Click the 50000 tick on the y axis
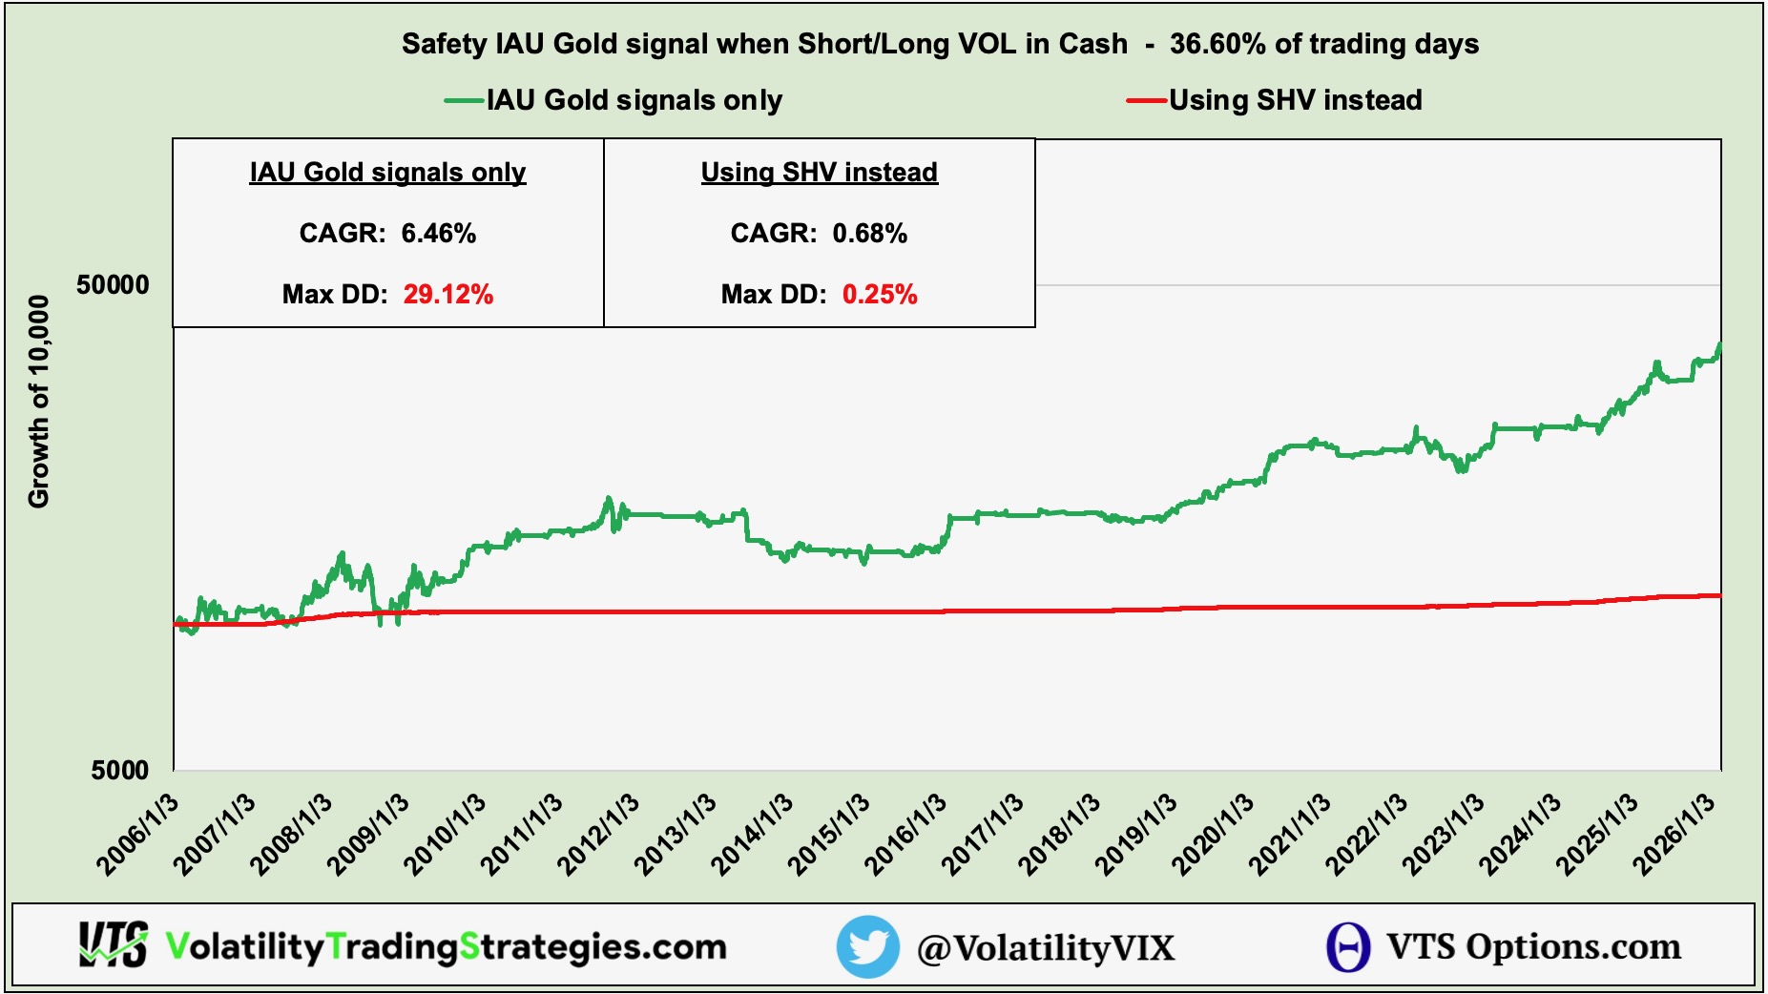pyautogui.click(x=113, y=285)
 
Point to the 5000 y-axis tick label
pyautogui.click(x=120, y=770)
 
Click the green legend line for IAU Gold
pyautogui.click(x=465, y=100)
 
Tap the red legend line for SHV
pyautogui.click(x=1146, y=100)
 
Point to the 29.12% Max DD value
pyautogui.click(x=447, y=294)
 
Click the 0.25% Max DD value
pyautogui.click(x=879, y=294)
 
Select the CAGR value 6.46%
pyautogui.click(x=438, y=233)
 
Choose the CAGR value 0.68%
pyautogui.click(x=869, y=233)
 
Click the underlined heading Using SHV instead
pyautogui.click(x=819, y=172)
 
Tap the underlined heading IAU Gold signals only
pyautogui.click(x=387, y=172)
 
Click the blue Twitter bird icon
pyautogui.click(x=867, y=946)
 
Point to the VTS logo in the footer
pyautogui.click(x=113, y=945)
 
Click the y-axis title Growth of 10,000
pyautogui.click(x=38, y=401)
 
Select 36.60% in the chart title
pyautogui.click(x=1217, y=44)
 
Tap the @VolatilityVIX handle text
pyautogui.click(x=1045, y=947)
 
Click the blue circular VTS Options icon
pyautogui.click(x=1347, y=947)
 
